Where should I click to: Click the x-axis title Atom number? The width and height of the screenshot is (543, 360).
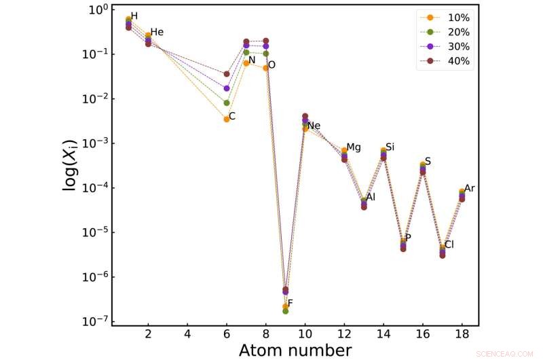(x=295, y=350)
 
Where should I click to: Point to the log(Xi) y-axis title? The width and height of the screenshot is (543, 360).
(x=70, y=166)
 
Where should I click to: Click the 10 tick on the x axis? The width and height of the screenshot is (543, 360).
(x=305, y=335)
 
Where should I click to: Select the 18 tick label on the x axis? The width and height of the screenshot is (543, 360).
(x=462, y=335)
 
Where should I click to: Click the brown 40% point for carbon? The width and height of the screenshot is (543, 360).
(x=227, y=74)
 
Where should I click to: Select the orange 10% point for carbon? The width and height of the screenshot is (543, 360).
(x=227, y=119)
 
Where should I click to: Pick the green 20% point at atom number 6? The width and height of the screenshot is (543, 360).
(x=227, y=103)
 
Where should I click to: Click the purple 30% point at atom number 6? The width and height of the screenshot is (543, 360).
(x=227, y=88)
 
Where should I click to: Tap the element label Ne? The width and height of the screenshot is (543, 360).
(x=314, y=126)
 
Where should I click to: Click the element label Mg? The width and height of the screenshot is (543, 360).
(x=354, y=148)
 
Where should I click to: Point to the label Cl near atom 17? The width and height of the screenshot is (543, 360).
(x=449, y=245)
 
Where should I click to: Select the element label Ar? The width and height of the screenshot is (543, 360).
(x=469, y=188)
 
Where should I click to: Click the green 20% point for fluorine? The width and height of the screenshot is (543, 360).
(x=285, y=311)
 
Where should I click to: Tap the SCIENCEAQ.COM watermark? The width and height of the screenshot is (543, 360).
(x=505, y=354)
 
